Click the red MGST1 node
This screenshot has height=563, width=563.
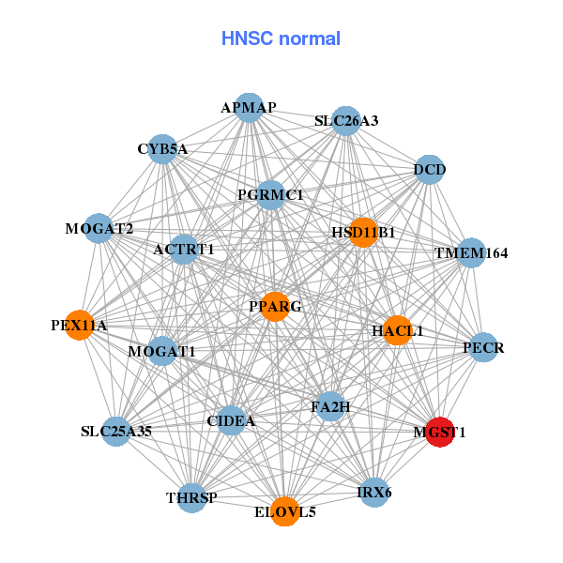(x=440, y=432)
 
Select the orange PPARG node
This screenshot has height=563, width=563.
(x=274, y=307)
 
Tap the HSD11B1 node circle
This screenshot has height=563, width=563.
(x=363, y=232)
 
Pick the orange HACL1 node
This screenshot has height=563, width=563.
(x=397, y=330)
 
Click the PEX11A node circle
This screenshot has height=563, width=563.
(x=79, y=326)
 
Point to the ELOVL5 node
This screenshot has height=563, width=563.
(x=285, y=511)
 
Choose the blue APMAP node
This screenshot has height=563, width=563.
(x=249, y=108)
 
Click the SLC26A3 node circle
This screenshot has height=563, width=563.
(x=346, y=120)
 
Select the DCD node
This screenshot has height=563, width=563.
(x=429, y=170)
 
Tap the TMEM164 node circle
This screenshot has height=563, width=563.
(x=470, y=253)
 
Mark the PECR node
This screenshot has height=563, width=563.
(x=483, y=348)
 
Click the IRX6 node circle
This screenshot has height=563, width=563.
(x=374, y=492)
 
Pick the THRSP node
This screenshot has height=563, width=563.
(x=191, y=497)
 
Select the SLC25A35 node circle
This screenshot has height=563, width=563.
(x=116, y=432)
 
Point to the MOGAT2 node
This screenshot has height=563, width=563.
(x=99, y=228)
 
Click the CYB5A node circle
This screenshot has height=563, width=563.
(x=162, y=148)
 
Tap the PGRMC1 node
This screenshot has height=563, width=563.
(x=270, y=195)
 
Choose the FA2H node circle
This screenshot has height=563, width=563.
(x=330, y=407)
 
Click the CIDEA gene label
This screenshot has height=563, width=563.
(x=231, y=421)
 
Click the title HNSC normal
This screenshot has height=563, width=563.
(x=281, y=38)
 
